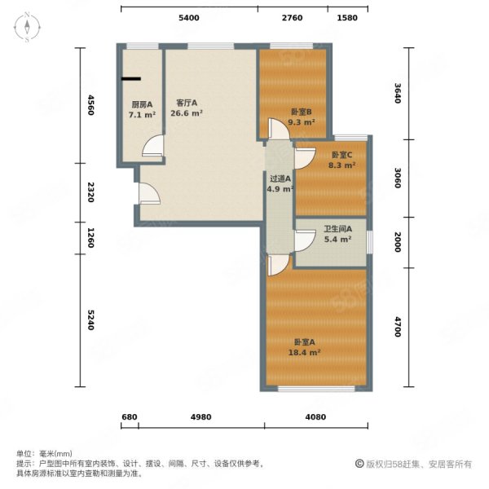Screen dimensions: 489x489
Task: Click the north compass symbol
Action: click(x=27, y=28)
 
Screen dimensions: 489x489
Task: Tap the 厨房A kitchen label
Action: click(x=141, y=108)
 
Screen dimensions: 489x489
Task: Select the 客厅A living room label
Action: click(x=187, y=108)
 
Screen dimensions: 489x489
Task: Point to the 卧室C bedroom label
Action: click(x=342, y=160)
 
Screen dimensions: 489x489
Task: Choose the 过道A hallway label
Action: click(x=280, y=184)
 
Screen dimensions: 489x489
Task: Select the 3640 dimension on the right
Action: click(x=397, y=94)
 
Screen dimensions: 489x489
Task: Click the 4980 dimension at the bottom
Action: click(x=200, y=417)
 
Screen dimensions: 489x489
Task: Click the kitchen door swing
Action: click(x=151, y=147)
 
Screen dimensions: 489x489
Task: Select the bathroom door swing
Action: click(x=304, y=240)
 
